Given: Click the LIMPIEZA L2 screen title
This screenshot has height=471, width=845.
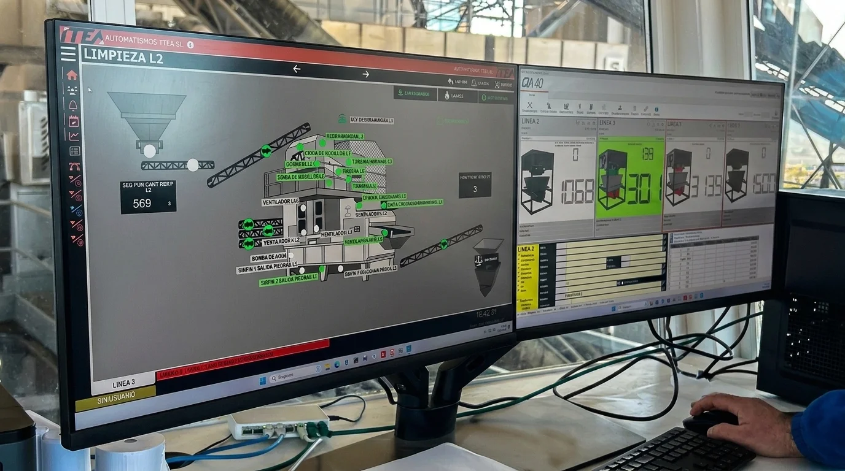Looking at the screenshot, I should (x=123, y=55).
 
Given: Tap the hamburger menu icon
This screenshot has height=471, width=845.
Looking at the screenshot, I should (x=68, y=54).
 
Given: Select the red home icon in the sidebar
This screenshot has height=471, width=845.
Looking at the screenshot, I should (x=72, y=75).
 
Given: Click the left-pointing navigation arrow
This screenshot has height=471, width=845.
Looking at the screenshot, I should (x=297, y=69).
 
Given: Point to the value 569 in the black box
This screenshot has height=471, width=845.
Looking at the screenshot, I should (x=142, y=203).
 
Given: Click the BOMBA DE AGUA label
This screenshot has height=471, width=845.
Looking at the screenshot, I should (x=270, y=256).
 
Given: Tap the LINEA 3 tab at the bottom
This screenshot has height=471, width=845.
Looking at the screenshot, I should (x=123, y=384).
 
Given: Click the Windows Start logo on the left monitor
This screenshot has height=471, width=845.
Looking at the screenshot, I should (x=263, y=380).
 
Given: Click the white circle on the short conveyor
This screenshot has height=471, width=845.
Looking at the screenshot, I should (x=193, y=164).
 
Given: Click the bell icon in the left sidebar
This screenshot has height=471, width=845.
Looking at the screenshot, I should (x=73, y=105).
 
